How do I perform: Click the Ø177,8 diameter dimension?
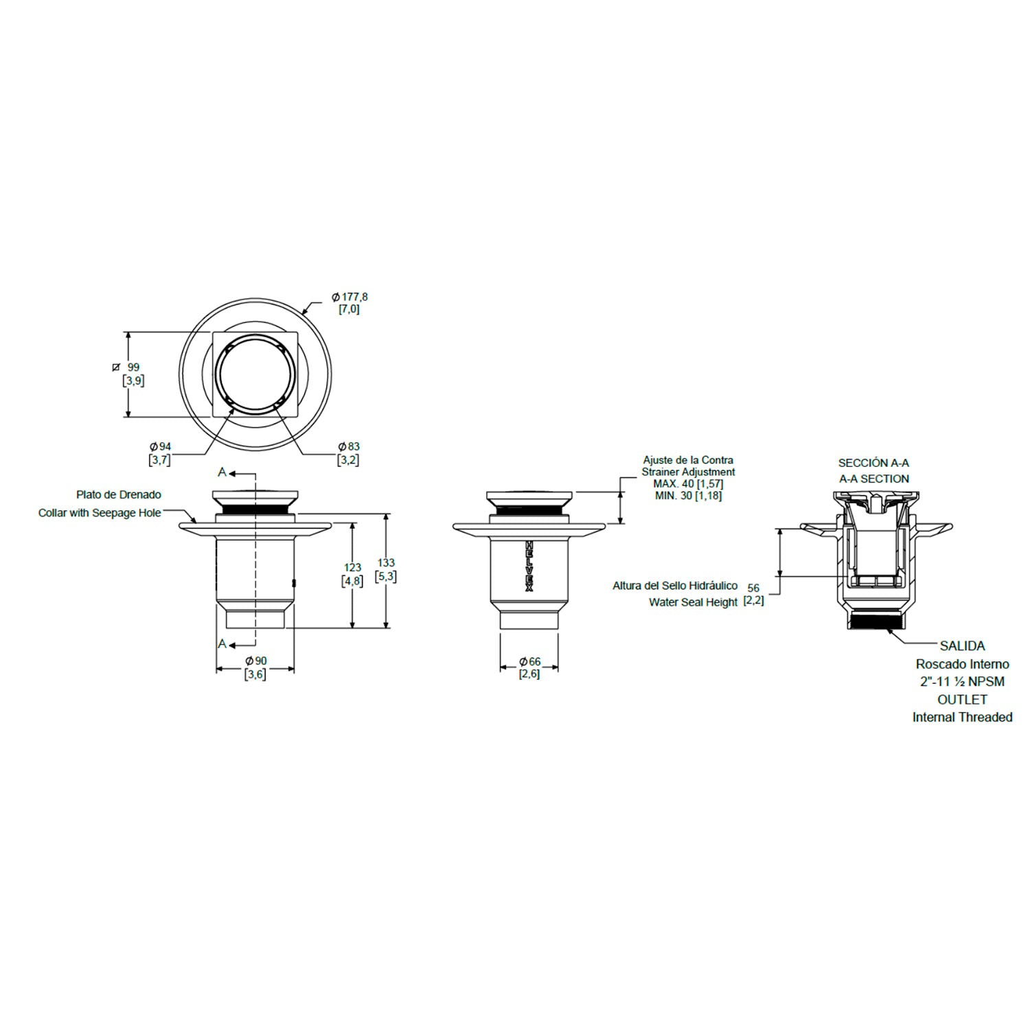pos(349,297)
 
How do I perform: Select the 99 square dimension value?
pos(133,367)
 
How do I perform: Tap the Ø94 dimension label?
pos(160,447)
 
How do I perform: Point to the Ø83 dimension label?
pos(348,447)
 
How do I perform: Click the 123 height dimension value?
pos(352,568)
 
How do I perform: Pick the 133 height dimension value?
pos(386,563)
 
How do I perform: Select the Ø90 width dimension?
pos(255,661)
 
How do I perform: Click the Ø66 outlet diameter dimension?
pos(529,661)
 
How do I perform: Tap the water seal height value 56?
pos(753,588)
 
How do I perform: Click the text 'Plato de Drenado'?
pos(119,494)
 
